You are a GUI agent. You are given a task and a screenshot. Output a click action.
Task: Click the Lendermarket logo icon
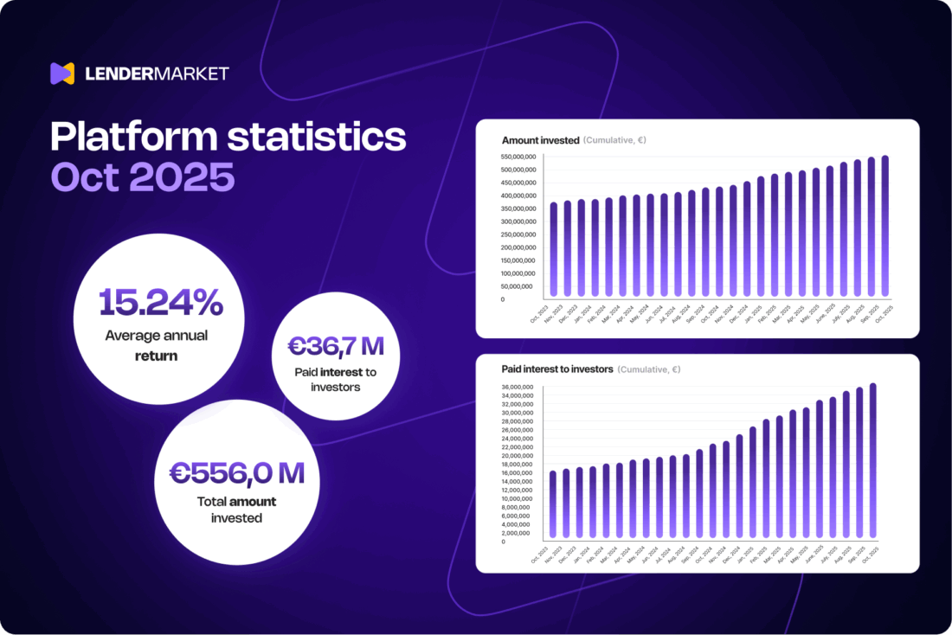point(62,74)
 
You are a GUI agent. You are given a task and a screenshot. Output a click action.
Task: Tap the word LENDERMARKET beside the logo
point(157,74)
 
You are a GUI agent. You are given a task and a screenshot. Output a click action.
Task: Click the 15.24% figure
point(161,303)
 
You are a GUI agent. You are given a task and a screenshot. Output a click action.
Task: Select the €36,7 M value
point(336,347)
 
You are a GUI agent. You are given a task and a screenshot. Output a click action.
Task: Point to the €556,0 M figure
point(236,473)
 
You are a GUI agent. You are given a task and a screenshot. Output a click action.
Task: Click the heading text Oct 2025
point(143,177)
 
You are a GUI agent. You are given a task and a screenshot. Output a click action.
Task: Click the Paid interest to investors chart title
point(557,369)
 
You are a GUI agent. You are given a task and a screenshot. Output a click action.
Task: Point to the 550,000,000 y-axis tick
point(518,157)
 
